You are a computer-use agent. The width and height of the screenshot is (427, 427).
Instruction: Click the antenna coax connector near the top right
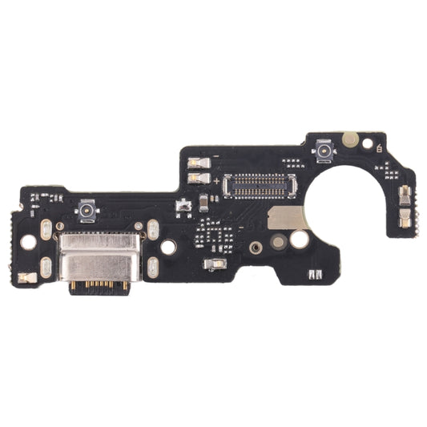(x=324, y=150)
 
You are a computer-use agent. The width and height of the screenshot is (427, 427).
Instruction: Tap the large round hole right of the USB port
(x=168, y=248)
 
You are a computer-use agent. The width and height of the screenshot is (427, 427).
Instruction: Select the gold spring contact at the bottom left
(x=27, y=278)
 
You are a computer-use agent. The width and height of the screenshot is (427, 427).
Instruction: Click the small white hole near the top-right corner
(x=368, y=145)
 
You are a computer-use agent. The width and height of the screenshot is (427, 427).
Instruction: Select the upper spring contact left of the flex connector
(x=197, y=163)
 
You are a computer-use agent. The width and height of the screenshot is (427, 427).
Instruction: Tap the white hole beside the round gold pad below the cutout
(x=299, y=239)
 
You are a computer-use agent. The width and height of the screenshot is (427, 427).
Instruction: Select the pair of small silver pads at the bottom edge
(x=316, y=276)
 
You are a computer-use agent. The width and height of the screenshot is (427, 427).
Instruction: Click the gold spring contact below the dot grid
(x=215, y=264)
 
